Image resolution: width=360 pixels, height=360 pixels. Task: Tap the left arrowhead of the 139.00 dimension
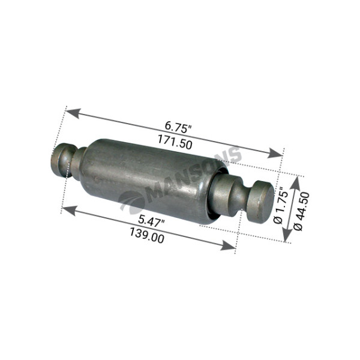tap(65, 209)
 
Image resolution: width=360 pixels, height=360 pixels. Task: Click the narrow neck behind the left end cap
tap(76, 164)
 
